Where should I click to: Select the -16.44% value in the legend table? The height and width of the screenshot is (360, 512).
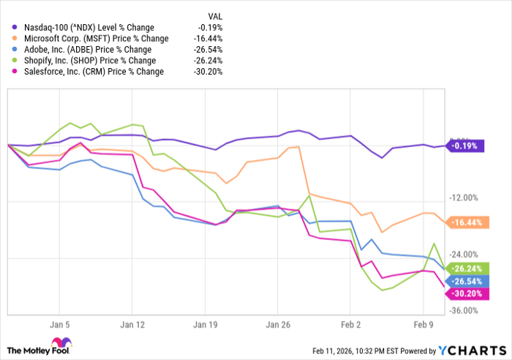tap(208, 38)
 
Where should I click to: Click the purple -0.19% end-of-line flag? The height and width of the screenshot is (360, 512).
tap(464, 146)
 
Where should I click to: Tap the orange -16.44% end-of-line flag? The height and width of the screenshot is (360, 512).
tap(466, 222)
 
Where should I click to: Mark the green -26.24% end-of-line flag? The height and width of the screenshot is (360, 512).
tap(466, 268)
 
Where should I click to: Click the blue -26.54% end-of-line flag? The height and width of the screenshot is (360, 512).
tap(466, 281)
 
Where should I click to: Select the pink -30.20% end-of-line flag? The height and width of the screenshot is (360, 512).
tap(466, 293)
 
